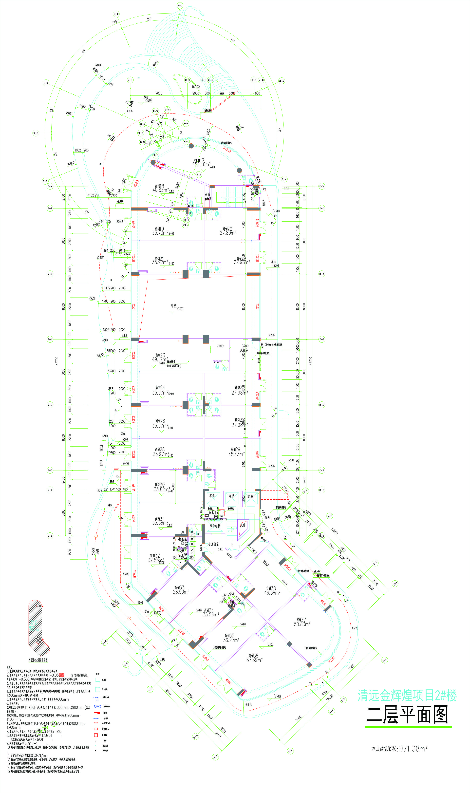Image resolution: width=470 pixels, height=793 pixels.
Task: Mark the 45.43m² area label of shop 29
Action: [x=236, y=454]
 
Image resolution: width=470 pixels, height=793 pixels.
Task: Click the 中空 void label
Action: [x=174, y=306]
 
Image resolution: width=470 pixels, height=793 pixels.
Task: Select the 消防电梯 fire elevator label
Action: [x=215, y=526]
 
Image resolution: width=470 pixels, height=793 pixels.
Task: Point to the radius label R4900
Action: [x=155, y=64]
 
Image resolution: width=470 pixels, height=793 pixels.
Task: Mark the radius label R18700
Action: [x=71, y=163]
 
